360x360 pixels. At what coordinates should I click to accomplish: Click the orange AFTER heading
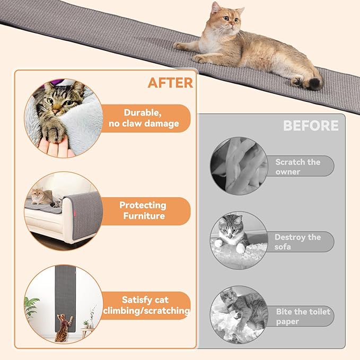pyautogui.click(x=170, y=83)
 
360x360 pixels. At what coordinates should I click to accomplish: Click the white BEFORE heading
pyautogui.click(x=310, y=126)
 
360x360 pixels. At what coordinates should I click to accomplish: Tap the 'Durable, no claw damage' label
pyautogui.click(x=151, y=118)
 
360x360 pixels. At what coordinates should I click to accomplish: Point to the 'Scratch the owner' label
pyautogui.click(x=297, y=166)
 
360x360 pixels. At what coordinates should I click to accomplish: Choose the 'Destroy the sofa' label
pyautogui.click(x=297, y=242)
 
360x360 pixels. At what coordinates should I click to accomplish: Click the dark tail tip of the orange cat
pyautogui.click(x=314, y=83)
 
